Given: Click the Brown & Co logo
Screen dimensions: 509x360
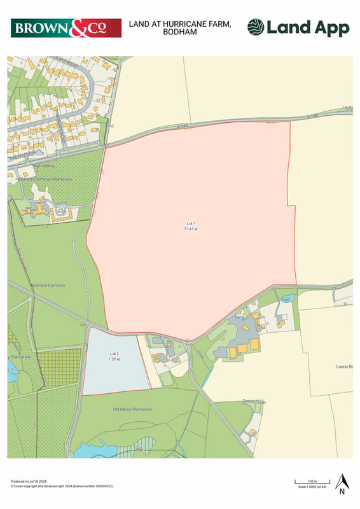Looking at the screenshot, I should click(66, 28).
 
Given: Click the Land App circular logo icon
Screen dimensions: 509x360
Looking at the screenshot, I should click(256, 27).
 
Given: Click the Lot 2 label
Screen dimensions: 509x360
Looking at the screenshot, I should click(114, 354).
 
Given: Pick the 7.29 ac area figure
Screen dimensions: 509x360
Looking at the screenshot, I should click(114, 359).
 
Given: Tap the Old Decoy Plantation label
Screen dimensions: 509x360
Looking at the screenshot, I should click(132, 409).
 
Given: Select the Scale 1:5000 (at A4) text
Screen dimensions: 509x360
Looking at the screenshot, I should click(312, 487).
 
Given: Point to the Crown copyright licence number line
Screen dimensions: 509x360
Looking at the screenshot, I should click(60, 486).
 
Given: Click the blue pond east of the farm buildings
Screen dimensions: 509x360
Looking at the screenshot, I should click(286, 298).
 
